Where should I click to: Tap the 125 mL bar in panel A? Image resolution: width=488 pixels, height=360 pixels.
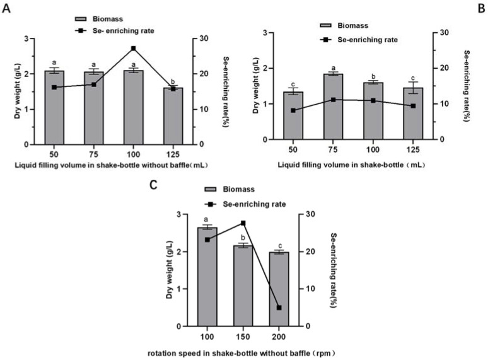pyautogui.click(x=173, y=116)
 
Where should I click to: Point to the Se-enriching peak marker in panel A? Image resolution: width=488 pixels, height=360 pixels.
pyautogui.click(x=133, y=49)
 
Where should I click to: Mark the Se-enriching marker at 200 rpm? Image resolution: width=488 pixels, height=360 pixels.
pyautogui.click(x=279, y=308)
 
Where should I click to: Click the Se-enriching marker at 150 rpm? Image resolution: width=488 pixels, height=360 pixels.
pyautogui.click(x=243, y=223)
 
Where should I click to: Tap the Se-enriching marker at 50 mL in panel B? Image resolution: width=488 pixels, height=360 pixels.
pyautogui.click(x=293, y=110)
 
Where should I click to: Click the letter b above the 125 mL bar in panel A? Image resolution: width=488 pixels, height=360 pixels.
pyautogui.click(x=173, y=81)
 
